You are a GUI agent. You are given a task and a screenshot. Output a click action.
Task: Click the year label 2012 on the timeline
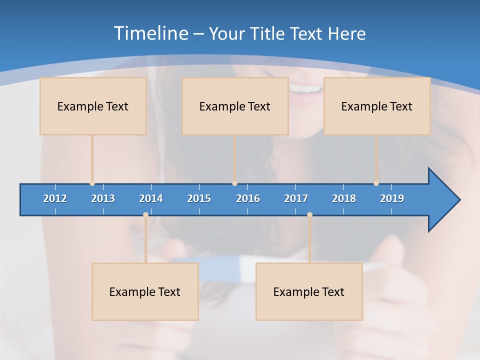[55, 198]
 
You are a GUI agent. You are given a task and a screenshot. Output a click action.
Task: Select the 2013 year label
[103, 198]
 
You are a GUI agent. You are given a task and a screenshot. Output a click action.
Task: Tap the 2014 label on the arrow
[151, 198]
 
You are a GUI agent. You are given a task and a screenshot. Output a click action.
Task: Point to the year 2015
[199, 198]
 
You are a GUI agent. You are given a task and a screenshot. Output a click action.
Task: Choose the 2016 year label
[248, 198]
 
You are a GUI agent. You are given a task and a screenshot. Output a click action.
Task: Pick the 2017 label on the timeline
[296, 198]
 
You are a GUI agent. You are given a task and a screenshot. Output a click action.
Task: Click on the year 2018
[344, 198]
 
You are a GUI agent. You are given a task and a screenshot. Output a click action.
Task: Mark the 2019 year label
[392, 198]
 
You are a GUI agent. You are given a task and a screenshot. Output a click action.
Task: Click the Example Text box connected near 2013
[93, 106]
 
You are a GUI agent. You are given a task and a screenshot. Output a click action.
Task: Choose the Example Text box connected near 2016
[235, 106]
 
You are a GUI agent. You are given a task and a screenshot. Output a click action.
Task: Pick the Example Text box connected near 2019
[377, 106]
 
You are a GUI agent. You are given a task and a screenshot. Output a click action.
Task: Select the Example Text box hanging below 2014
[145, 291]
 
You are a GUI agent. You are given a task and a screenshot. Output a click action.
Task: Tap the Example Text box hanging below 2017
[309, 291]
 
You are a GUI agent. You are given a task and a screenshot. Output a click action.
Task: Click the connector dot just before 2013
[92, 183]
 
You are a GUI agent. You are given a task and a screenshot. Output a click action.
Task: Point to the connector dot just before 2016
[234, 183]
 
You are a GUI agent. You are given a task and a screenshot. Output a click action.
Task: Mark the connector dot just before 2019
[376, 183]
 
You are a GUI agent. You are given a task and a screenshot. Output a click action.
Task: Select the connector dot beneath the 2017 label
[309, 214]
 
